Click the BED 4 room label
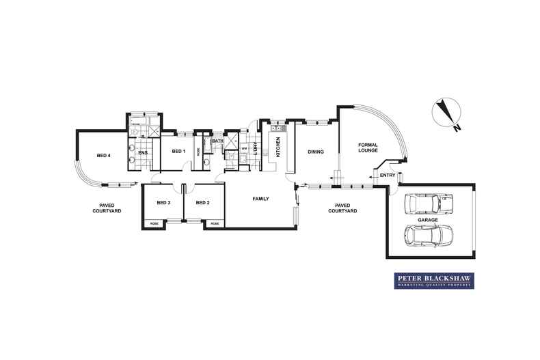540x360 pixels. [104, 156]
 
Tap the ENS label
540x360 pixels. [143, 152]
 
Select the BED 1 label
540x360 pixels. [179, 151]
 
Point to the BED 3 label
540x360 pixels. [163, 202]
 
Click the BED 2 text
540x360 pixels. [202, 202]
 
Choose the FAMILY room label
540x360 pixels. [260, 199]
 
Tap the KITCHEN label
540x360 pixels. [278, 147]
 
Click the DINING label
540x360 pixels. [315, 152]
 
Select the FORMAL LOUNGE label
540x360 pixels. [368, 147]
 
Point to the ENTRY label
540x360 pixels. [387, 176]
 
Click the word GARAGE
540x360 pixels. [429, 221]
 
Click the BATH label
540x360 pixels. [217, 141]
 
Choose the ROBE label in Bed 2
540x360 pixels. [214, 223]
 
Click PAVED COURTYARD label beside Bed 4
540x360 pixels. [108, 208]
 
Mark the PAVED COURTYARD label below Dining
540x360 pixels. [342, 208]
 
